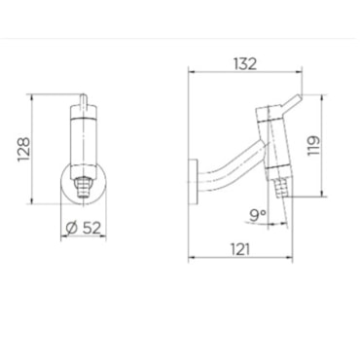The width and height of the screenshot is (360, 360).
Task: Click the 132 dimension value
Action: tap(245, 64)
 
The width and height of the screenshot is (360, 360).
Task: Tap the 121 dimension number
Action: tap(240, 249)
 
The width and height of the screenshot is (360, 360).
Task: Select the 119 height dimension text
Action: tap(313, 146)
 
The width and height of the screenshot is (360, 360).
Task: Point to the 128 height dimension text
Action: tap(23, 149)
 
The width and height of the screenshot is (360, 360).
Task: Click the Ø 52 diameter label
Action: tap(84, 228)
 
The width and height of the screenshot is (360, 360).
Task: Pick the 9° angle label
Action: tap(258, 215)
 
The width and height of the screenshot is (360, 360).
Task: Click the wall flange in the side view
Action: tap(193, 182)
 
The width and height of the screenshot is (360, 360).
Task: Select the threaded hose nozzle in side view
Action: tap(280, 188)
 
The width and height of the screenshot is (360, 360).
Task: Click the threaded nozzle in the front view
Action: tap(84, 189)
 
